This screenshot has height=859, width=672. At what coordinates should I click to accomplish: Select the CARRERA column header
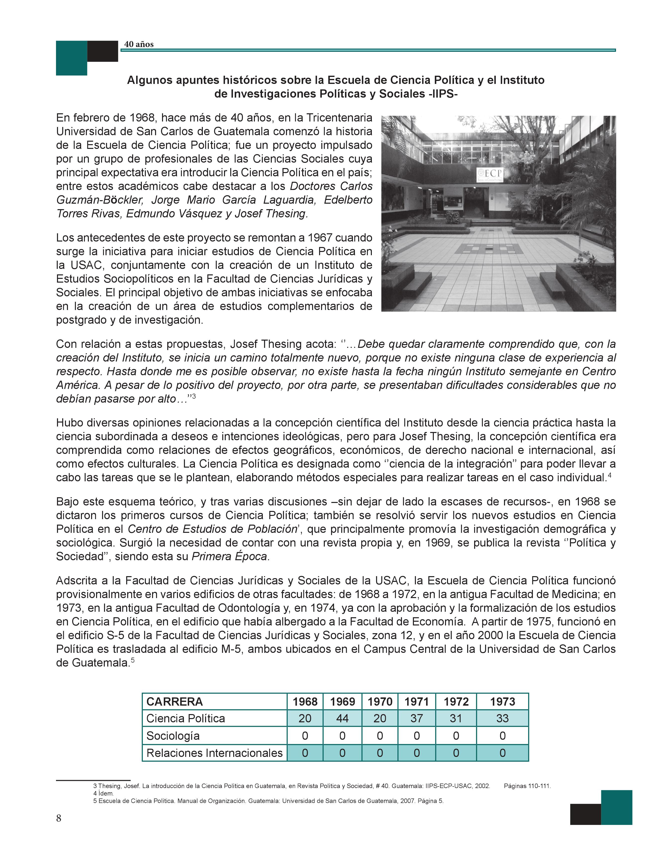tap(175, 702)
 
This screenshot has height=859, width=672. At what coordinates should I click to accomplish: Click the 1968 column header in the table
tap(305, 702)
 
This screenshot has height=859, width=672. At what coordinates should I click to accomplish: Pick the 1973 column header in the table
tap(503, 702)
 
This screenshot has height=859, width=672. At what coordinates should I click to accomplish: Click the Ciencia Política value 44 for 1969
tap(342, 719)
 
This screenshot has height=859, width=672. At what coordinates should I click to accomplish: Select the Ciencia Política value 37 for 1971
tap(417, 719)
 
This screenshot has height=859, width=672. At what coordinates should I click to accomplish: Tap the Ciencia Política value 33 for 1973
tap(503, 719)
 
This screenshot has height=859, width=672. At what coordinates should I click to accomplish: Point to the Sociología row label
tap(173, 736)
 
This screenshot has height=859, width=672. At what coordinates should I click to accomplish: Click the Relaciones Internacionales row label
tap(215, 753)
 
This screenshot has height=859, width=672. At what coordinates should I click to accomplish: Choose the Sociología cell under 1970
tap(380, 736)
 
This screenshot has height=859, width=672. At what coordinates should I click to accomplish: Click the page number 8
tap(59, 818)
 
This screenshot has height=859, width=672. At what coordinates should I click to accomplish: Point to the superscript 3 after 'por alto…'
tap(194, 396)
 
